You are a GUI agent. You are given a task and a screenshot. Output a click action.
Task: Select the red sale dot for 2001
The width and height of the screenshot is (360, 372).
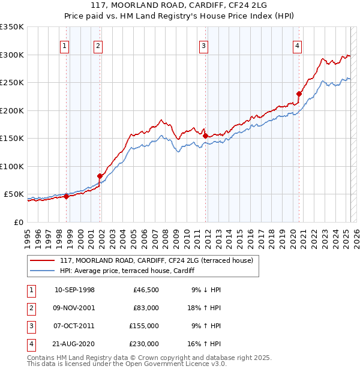click(x=100, y=176)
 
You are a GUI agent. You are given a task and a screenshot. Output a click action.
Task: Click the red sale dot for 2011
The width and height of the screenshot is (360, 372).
click(x=205, y=136)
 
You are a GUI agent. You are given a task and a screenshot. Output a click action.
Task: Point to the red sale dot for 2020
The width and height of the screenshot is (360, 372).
click(x=299, y=94)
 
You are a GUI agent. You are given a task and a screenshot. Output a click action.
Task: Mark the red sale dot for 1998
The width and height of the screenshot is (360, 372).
click(x=66, y=196)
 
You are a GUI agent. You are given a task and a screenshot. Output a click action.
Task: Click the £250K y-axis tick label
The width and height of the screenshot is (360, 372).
click(x=12, y=82)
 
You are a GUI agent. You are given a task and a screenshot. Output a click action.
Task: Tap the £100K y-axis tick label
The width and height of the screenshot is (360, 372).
click(x=12, y=166)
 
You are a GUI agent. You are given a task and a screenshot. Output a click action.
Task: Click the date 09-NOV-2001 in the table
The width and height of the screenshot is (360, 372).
click(x=74, y=308)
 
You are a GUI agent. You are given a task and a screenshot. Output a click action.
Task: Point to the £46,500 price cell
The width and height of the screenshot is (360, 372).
click(x=146, y=290)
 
